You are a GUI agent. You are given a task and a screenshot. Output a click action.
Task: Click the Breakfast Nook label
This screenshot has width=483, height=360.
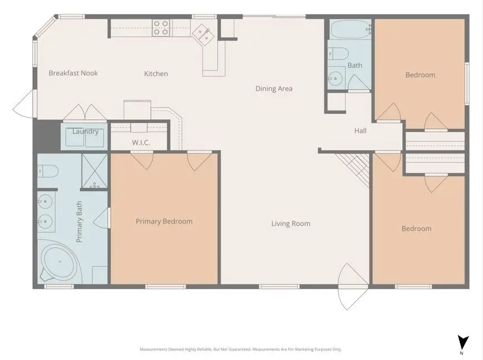(73, 73)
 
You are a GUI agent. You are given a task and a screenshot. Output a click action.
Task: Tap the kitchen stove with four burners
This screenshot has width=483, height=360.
(161, 28)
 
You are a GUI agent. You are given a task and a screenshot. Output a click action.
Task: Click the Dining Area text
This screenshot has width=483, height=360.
(273, 89)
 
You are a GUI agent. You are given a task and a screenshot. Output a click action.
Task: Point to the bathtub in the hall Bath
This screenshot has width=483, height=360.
(349, 29)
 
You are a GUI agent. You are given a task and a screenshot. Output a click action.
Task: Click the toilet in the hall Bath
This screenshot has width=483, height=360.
(338, 53)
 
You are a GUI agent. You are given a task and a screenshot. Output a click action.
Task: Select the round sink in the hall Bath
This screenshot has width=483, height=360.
(335, 78)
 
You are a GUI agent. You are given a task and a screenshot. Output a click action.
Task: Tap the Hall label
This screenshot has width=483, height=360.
(360, 131)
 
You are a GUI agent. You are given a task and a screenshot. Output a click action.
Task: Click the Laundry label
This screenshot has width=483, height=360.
(85, 131)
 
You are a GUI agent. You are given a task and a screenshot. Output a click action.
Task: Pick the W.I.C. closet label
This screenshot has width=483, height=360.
(141, 143)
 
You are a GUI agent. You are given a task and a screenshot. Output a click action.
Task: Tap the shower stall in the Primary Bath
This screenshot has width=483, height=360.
(94, 171)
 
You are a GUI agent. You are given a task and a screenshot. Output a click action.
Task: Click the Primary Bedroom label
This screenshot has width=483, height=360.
(164, 221)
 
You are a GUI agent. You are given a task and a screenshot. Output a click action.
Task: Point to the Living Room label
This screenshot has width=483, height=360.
(291, 224)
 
